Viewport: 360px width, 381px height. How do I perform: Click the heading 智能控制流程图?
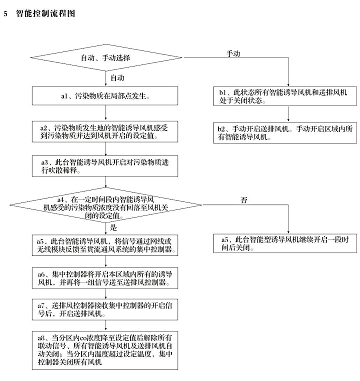tap(45, 13)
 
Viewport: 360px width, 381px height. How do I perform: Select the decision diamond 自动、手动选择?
tap(105, 58)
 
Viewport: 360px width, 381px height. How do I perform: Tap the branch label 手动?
tap(233, 53)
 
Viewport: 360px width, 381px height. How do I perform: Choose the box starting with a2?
tap(105, 131)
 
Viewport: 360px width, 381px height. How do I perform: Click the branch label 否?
tap(244, 200)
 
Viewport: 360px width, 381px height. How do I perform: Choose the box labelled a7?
tap(105, 309)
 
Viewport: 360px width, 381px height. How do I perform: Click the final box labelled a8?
tap(105, 348)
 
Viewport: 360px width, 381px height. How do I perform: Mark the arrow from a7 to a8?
tap(105, 324)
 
